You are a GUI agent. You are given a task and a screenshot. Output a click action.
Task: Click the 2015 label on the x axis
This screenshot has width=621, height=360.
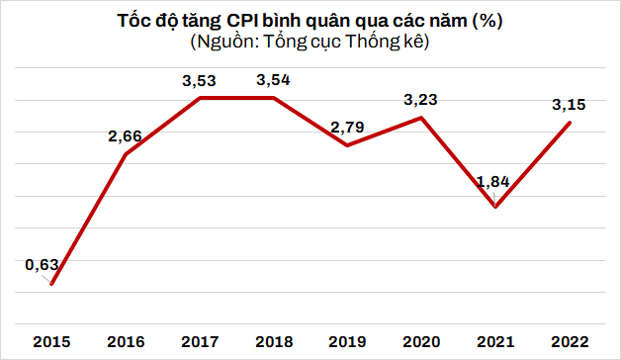(x=51, y=341)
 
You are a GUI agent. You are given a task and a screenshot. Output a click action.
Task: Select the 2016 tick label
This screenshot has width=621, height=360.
(x=126, y=341)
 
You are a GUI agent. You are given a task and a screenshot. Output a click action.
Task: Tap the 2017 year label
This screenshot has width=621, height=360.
(x=200, y=341)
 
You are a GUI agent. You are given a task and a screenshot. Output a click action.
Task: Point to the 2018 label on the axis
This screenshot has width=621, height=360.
(x=274, y=341)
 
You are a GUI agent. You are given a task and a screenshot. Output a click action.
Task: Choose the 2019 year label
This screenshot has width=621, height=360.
(x=348, y=341)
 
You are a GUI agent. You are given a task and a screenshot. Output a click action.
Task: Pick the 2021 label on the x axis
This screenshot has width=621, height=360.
(x=495, y=341)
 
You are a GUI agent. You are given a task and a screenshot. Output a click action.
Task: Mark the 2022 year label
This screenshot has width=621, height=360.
(x=570, y=341)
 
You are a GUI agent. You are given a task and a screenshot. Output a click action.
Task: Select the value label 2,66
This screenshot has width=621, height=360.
(x=126, y=135)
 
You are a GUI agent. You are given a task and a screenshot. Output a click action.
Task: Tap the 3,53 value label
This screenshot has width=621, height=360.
(x=200, y=78)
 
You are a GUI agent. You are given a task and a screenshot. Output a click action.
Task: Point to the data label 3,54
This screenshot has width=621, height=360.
(x=274, y=78)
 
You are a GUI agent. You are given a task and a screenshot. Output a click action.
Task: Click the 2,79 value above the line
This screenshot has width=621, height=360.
(x=348, y=127)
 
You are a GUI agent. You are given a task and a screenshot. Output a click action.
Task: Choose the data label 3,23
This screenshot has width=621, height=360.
(x=422, y=99)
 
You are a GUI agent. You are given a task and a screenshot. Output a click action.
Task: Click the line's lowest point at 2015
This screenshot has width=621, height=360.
(x=51, y=285)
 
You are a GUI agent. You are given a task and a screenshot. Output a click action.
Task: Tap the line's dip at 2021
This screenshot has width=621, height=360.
(x=495, y=207)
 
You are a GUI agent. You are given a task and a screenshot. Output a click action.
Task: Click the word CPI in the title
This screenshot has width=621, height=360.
(x=254, y=21)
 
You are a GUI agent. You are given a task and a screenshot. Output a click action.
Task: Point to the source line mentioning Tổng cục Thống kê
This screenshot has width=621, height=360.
(x=310, y=43)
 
